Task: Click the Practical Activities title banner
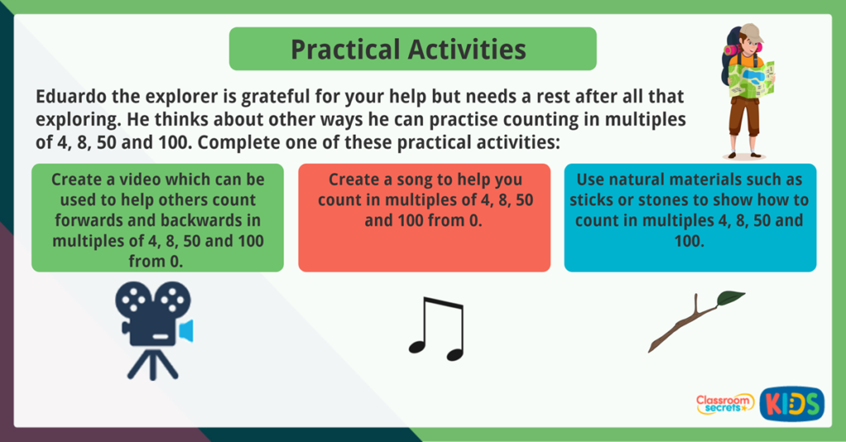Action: (412, 49)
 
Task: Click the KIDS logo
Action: (791, 404)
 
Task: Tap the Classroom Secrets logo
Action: (725, 404)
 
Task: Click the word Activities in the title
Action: (466, 49)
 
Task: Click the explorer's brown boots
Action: (744, 152)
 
